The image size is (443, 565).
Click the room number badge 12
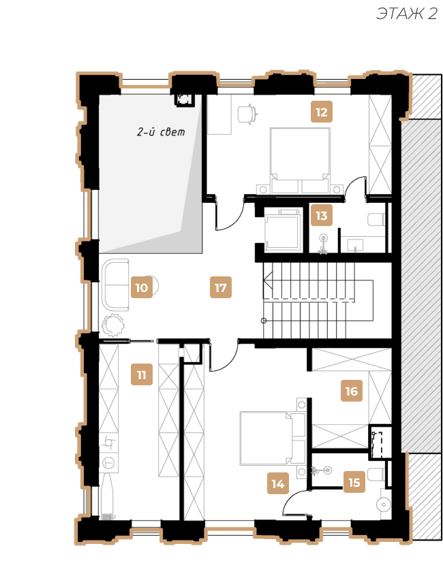[x=322, y=112]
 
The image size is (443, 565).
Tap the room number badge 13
[x=322, y=216]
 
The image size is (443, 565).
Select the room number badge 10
[x=141, y=287]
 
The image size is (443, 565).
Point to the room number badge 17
[x=220, y=287]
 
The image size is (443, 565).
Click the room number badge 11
[x=141, y=375]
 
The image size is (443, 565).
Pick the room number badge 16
[x=352, y=391]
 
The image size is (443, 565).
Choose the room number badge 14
[x=278, y=483]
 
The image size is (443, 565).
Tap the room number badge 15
[x=354, y=482]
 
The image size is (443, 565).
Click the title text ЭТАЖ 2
[x=407, y=14]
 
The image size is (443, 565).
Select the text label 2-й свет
[x=161, y=132]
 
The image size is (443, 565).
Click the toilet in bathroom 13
[x=377, y=219]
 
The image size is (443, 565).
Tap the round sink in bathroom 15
[x=384, y=504]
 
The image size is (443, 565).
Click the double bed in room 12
[x=300, y=161]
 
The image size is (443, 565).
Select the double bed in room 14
[x=273, y=438]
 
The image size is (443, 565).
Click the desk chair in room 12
[x=248, y=114]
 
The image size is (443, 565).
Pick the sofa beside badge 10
[x=116, y=285]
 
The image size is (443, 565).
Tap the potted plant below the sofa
[x=113, y=325]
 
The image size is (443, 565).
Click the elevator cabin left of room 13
[x=283, y=229]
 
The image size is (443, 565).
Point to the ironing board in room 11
[x=108, y=496]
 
